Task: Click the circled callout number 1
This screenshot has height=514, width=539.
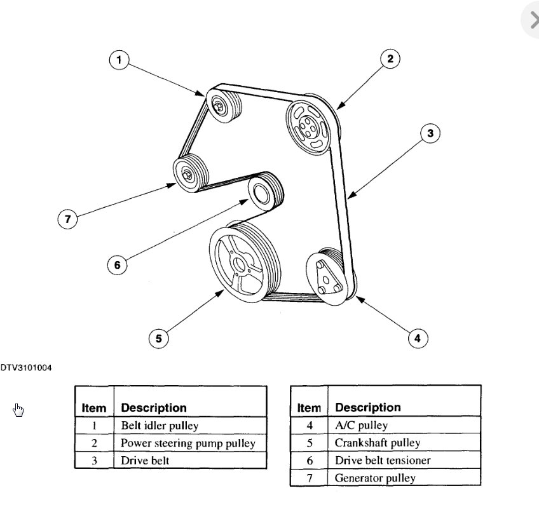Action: [119, 60]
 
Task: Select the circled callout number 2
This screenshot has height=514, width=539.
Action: [390, 59]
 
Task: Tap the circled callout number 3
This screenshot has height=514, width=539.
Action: [430, 133]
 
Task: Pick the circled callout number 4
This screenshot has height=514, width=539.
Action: [417, 338]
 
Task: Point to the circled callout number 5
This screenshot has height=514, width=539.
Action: [158, 338]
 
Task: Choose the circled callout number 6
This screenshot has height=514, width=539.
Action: [117, 264]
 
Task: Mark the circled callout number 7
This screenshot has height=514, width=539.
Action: [67, 219]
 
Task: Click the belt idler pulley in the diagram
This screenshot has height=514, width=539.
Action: [221, 106]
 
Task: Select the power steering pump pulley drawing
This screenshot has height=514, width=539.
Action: [307, 124]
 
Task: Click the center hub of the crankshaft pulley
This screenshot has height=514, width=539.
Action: [238, 264]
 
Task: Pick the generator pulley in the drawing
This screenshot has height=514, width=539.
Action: [188, 173]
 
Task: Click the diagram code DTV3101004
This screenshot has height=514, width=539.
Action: [26, 367]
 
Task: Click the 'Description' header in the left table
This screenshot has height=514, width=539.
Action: [154, 407]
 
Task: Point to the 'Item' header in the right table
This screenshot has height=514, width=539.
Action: [309, 407]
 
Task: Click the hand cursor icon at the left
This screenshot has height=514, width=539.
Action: [18, 410]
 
